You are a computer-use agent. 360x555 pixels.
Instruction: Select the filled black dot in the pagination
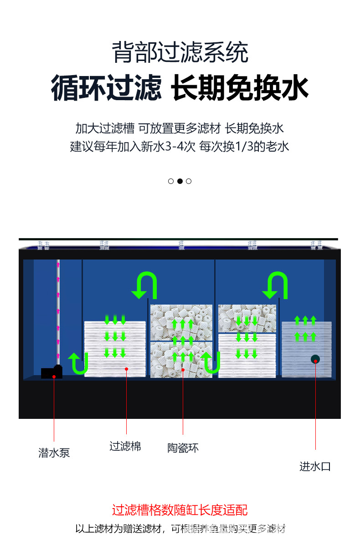click(x=180, y=181)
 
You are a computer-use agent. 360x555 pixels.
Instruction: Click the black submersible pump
click(x=51, y=372)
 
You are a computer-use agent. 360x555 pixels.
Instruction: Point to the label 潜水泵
click(x=54, y=453)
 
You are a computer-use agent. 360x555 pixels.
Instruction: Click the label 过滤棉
click(x=125, y=446)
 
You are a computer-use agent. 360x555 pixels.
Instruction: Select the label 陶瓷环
click(x=183, y=448)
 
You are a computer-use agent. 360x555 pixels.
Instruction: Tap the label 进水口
click(x=315, y=466)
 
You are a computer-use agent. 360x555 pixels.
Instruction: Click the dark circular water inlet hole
click(x=315, y=359)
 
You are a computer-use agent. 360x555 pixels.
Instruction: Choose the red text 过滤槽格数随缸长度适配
click(x=180, y=510)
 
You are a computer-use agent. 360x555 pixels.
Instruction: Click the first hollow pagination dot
click(x=171, y=181)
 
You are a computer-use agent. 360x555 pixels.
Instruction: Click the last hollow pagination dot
click(x=189, y=181)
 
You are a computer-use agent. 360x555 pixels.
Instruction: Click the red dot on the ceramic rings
click(x=183, y=370)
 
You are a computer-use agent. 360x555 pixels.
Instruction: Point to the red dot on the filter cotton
click(x=127, y=368)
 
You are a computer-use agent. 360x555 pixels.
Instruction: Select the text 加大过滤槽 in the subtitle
click(x=105, y=128)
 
